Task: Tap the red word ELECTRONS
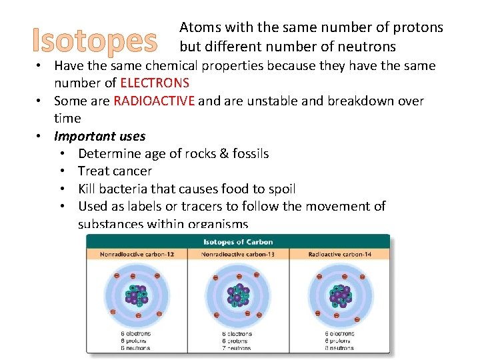coord(155,83)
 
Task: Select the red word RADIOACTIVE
coord(154,101)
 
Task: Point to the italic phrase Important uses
coord(99,136)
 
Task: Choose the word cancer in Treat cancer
coord(132,171)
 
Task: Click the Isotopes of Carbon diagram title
coord(238,241)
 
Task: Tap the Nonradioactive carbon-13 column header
coord(238,255)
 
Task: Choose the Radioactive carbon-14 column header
coord(340,255)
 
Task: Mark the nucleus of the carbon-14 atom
coord(340,293)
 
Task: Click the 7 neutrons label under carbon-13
coord(238,347)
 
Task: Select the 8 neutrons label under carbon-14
coord(340,347)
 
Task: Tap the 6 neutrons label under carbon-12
coord(135,347)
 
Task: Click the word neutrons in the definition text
coord(371,47)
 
